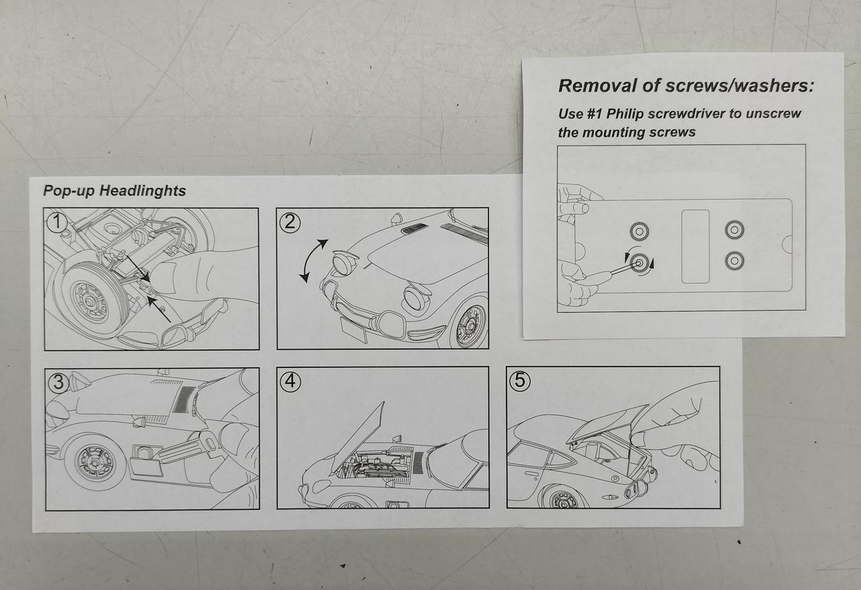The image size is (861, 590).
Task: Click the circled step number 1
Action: (57, 223)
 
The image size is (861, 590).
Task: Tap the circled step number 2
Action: (290, 223)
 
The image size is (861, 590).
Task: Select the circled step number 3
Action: (59, 382)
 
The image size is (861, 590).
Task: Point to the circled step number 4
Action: (291, 381)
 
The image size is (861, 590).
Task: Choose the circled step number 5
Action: (520, 381)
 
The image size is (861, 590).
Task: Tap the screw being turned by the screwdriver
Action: (639, 263)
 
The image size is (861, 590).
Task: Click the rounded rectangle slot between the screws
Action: (696, 246)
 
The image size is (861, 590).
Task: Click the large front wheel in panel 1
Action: (91, 301)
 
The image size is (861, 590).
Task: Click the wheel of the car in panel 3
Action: (96, 462)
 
